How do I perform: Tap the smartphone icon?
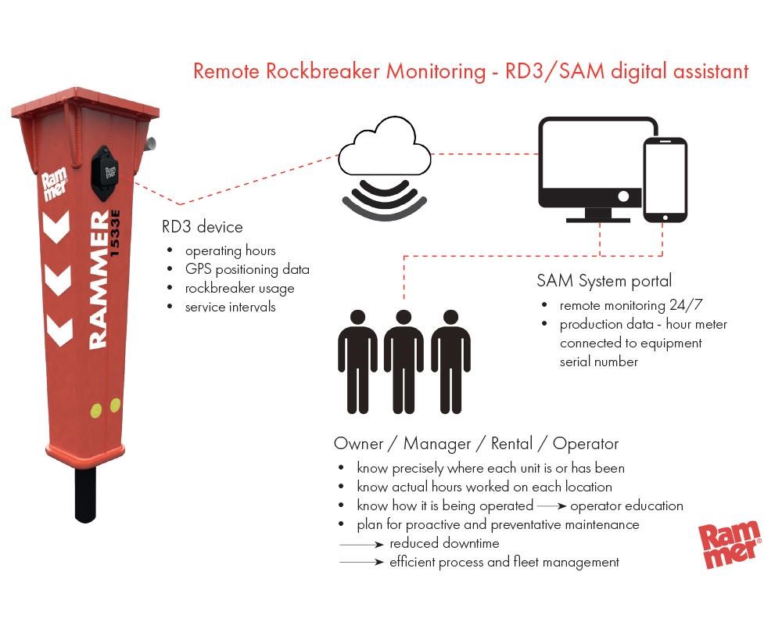tap(665, 180)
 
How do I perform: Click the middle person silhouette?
tap(404, 360)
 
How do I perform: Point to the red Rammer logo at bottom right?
tap(729, 541)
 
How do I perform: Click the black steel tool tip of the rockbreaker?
tap(85, 495)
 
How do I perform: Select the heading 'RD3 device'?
tap(203, 227)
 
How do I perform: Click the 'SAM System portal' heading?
tap(604, 281)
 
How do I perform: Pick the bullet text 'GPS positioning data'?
tap(247, 269)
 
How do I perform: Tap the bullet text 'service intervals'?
tap(230, 307)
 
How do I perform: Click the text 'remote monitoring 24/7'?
tap(626, 305)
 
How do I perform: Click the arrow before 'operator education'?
tap(551, 505)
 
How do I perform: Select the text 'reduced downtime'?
tap(444, 543)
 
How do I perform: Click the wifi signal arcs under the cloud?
tap(385, 198)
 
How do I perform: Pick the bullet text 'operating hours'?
tap(230, 250)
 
